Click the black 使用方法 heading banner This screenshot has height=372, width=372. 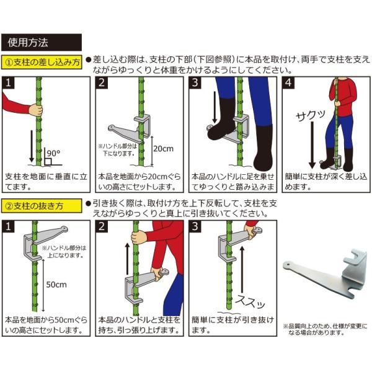(x=42, y=42)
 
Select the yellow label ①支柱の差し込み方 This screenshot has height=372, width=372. (x=42, y=62)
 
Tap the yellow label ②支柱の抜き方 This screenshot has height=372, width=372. (x=42, y=206)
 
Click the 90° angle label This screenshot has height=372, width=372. (x=53, y=153)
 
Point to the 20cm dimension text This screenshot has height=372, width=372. (x=163, y=149)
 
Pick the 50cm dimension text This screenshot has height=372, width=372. (x=56, y=285)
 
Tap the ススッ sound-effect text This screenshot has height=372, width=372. (x=250, y=302)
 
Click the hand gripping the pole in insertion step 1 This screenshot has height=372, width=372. (x=36, y=110)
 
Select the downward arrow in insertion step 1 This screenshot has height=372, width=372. (x=32, y=146)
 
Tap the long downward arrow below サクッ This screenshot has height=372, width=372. (x=312, y=145)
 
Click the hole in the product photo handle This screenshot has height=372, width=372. (x=288, y=263)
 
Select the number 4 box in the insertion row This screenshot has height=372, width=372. (x=288, y=83)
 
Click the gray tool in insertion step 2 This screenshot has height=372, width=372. (x=130, y=129)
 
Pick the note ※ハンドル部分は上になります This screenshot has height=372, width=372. (x=64, y=252)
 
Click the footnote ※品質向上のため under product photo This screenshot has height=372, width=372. (x=325, y=329)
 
